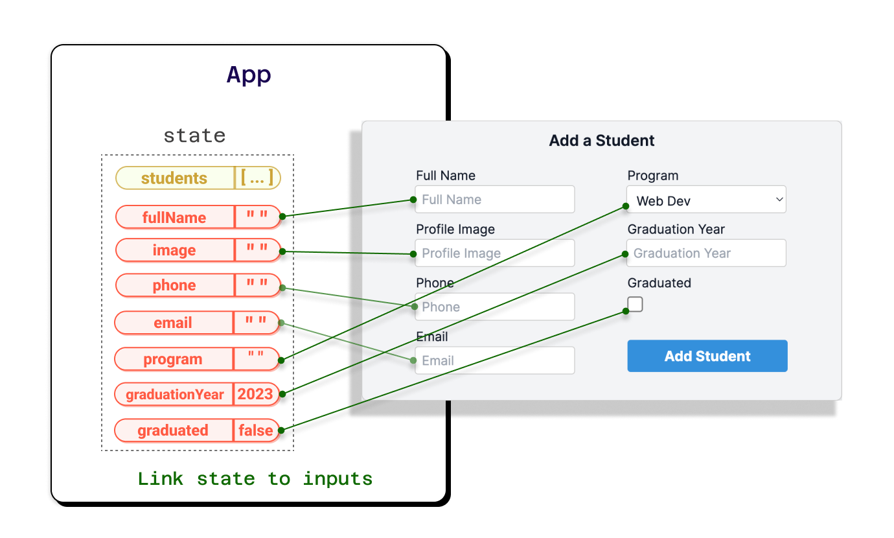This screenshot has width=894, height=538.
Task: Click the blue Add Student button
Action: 707,356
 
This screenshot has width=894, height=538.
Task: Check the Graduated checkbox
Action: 636,304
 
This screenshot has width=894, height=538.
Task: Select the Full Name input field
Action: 495,200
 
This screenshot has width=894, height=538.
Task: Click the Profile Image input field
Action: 495,253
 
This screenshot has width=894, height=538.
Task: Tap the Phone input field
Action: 495,307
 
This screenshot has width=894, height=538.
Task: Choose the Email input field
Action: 495,360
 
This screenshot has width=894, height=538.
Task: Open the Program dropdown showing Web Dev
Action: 706,200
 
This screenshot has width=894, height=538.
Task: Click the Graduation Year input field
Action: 706,253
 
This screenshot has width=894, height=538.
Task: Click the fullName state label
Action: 174,218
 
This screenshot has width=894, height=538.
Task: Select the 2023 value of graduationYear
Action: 255,394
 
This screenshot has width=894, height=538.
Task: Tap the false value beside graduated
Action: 255,430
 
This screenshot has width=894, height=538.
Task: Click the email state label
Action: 173,323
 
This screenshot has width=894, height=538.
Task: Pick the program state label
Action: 173,359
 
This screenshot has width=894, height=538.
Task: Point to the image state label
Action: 174,250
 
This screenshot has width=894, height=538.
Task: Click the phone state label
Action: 174,285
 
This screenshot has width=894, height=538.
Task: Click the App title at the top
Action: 249,75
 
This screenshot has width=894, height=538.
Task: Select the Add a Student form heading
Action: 602,141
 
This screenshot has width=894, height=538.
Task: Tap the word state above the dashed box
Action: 194,135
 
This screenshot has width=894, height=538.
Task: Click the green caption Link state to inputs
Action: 255,479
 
